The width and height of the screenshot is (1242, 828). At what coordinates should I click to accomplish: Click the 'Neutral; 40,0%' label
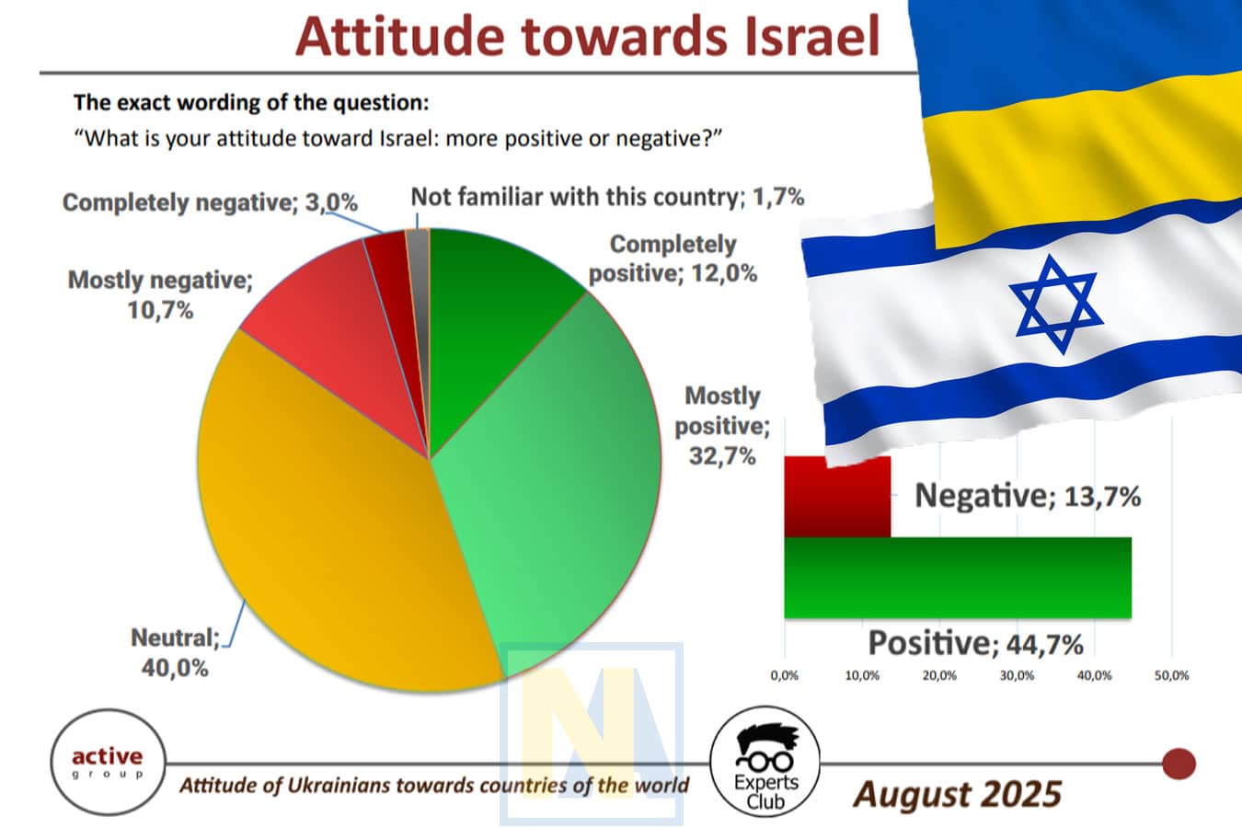point(175,652)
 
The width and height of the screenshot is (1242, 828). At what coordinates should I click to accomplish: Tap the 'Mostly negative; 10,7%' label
point(160,294)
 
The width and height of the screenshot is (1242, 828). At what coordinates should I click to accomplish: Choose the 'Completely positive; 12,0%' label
point(673,259)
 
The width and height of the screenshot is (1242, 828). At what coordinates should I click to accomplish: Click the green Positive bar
point(957,577)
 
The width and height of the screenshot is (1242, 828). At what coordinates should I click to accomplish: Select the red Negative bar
point(837,497)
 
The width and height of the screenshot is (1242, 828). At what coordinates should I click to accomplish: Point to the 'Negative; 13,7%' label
point(1028,496)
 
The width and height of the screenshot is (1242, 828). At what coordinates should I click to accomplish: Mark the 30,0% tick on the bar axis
point(1017,675)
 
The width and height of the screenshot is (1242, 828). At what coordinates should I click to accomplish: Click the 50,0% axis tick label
point(1171,675)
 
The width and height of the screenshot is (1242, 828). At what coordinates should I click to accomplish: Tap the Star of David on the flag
point(1055,303)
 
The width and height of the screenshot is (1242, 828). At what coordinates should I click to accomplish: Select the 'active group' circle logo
point(109,762)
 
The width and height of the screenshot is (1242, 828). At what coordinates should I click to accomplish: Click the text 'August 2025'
point(957,793)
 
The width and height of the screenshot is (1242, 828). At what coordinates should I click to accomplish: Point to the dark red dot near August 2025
point(1179,764)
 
